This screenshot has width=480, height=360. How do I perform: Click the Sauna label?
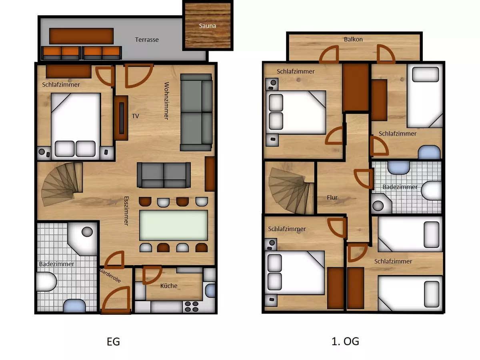pyautogui.click(x=207, y=26)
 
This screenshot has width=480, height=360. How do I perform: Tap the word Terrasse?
pyautogui.click(x=147, y=40)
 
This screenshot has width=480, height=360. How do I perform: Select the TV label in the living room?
pyautogui.click(x=135, y=116)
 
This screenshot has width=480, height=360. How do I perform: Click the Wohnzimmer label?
pyautogui.click(x=166, y=101)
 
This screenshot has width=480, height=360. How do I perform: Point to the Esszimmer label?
pyautogui.click(x=126, y=211)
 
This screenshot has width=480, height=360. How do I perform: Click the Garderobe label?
pyautogui.click(x=110, y=276)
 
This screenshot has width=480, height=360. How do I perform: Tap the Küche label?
pyautogui.click(x=169, y=286)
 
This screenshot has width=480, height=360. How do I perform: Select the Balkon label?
pyautogui.click(x=353, y=39)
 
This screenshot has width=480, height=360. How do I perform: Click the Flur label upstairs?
pyautogui.click(x=332, y=198)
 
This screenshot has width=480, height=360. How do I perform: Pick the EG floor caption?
pyautogui.click(x=113, y=342)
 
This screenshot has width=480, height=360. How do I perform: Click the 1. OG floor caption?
pyautogui.click(x=345, y=341)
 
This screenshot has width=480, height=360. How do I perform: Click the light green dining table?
pyautogui.click(x=174, y=225)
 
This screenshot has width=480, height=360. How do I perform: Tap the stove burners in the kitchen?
pyautogui.click(x=192, y=306)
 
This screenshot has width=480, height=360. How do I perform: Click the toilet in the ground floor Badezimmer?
pyautogui.click(x=46, y=282)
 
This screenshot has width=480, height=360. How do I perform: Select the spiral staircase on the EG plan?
pyautogui.click(x=62, y=184)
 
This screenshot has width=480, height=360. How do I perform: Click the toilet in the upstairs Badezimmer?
pyautogui.click(x=431, y=190)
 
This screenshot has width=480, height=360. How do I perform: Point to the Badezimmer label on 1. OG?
pyautogui.click(x=400, y=187)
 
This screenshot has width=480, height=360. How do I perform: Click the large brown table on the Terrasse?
pyautogui.click(x=81, y=36)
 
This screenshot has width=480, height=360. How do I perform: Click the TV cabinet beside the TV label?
pyautogui.click(x=121, y=118)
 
